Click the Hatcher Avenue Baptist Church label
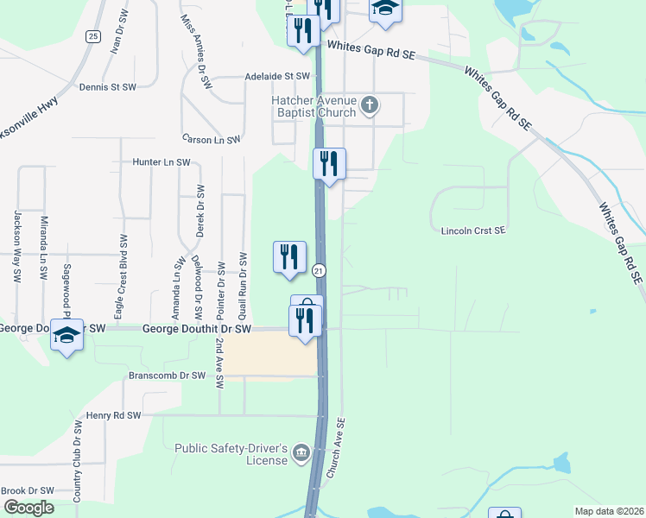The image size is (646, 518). [x=313, y=106]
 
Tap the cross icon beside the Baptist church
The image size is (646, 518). [x=370, y=106]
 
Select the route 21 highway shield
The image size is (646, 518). [x=319, y=270]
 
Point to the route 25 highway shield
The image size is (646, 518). [x=92, y=35]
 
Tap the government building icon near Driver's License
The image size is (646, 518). [x=301, y=452]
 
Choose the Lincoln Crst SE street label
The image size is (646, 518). [x=472, y=231]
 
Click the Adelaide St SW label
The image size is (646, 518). [x=276, y=76]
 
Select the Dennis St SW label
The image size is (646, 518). [x=107, y=87]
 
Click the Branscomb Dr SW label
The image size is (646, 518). [x=167, y=376]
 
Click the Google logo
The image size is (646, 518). [x=28, y=508]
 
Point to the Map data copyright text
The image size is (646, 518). [x=609, y=511]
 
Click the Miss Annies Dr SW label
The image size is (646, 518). [x=197, y=53]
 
